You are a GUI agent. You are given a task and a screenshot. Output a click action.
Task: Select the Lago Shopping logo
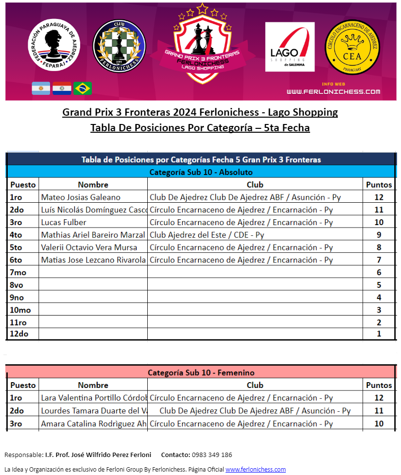tap(290, 47)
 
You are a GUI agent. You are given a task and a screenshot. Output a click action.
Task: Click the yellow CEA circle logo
tap(352, 47)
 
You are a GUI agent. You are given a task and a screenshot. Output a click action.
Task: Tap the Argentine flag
tap(41, 88)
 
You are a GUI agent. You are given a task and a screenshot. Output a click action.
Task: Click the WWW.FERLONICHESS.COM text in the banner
tap(333, 91)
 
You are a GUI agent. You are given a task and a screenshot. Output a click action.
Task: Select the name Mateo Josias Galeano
tap(81, 197)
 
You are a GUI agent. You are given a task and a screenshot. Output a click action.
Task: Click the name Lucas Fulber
tap(64, 222)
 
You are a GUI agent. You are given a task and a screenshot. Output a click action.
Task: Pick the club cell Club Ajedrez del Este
tap(207, 235)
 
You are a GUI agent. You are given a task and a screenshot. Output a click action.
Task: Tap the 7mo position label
tap(18, 273)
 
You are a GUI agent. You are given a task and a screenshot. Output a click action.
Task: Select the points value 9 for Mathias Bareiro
tap(379, 235)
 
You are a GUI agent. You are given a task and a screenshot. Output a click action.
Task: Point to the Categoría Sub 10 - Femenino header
tap(201, 373)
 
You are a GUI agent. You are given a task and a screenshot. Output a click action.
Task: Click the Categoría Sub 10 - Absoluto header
tap(201, 172)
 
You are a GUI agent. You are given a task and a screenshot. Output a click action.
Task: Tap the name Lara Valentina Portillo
tap(93, 398)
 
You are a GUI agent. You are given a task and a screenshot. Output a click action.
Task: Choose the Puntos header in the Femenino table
tap(379, 385)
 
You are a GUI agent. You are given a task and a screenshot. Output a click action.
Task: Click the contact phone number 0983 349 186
tap(212, 455)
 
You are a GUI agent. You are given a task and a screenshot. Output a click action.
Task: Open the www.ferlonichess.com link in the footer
tap(255, 469)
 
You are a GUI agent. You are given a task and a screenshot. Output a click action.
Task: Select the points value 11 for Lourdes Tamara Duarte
tap(379, 411)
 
